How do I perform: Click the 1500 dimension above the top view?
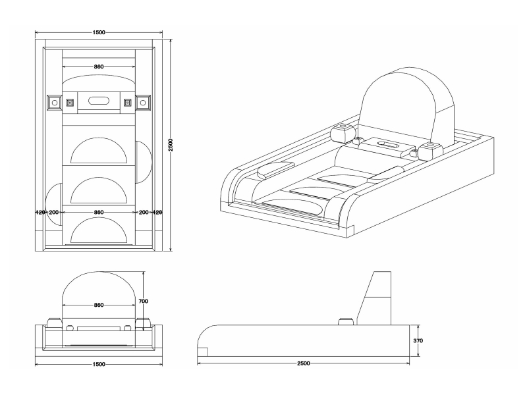coord(99,32)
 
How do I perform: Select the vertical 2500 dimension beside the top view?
coord(171,144)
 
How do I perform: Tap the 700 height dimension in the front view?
coord(144,301)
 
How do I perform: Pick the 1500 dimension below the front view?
coord(99,363)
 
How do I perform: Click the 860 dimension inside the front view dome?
coord(99,305)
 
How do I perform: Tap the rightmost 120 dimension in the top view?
coord(157,213)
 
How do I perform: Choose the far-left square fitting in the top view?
coord(53,103)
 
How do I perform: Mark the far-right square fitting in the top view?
coord(143,103)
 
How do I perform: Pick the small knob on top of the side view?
coord(345,321)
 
